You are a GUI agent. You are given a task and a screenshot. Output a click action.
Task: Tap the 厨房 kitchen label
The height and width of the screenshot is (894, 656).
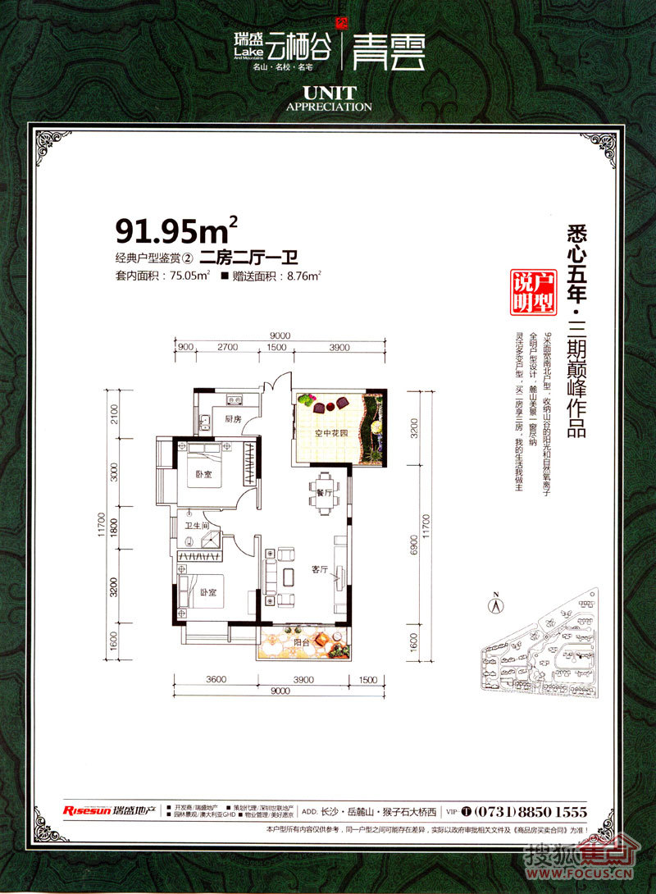point(231,419)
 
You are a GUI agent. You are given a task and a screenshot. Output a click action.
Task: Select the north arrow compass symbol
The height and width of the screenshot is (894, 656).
point(496,605)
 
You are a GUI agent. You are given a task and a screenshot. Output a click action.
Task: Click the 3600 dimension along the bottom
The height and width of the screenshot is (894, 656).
point(216,679)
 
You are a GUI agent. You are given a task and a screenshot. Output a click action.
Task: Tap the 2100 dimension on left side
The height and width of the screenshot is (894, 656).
point(115,416)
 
